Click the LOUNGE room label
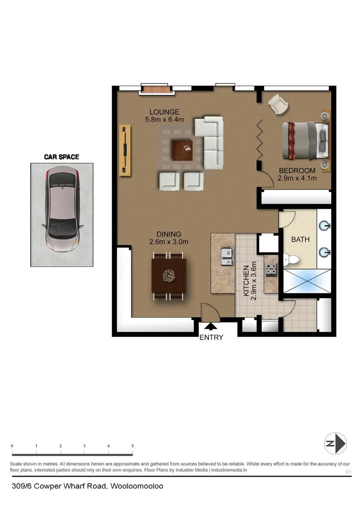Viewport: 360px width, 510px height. [164, 112]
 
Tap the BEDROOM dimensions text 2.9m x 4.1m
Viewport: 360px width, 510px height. [297, 178]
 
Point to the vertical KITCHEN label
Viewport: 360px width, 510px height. [246, 280]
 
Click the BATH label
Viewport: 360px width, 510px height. [300, 239]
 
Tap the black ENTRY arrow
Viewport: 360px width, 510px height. [210, 326]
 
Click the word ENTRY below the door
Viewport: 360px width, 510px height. [211, 337]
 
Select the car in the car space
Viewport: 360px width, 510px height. [62, 211]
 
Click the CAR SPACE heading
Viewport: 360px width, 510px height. [61, 157]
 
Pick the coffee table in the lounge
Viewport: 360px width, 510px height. [183, 151]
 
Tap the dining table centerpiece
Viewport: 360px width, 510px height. [168, 275]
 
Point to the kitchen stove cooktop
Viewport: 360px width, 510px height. [271, 270]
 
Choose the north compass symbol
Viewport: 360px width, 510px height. [335, 444]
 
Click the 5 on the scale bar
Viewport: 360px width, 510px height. [133, 446]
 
